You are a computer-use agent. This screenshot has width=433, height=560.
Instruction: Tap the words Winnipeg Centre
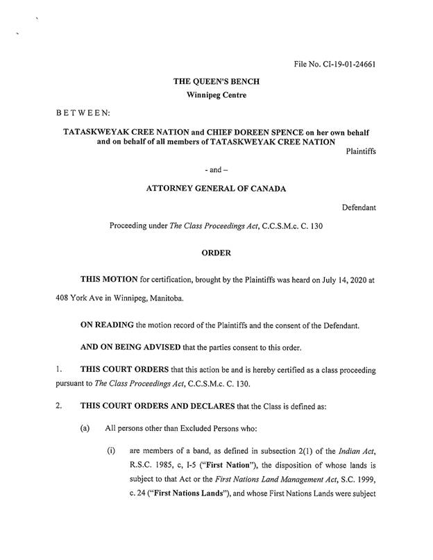pos(216,95)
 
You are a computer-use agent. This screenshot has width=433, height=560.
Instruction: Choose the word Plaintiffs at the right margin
pos(360,152)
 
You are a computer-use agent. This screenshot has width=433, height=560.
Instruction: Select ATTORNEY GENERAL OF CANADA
pos(216,189)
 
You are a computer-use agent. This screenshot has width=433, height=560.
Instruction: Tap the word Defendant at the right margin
pos(359,207)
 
